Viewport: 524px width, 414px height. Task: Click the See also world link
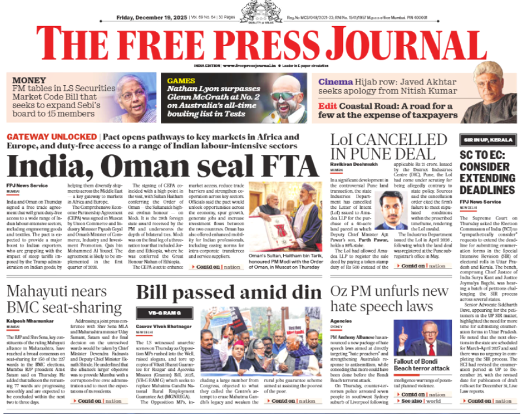pyautogui.click(x=422, y=401)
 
